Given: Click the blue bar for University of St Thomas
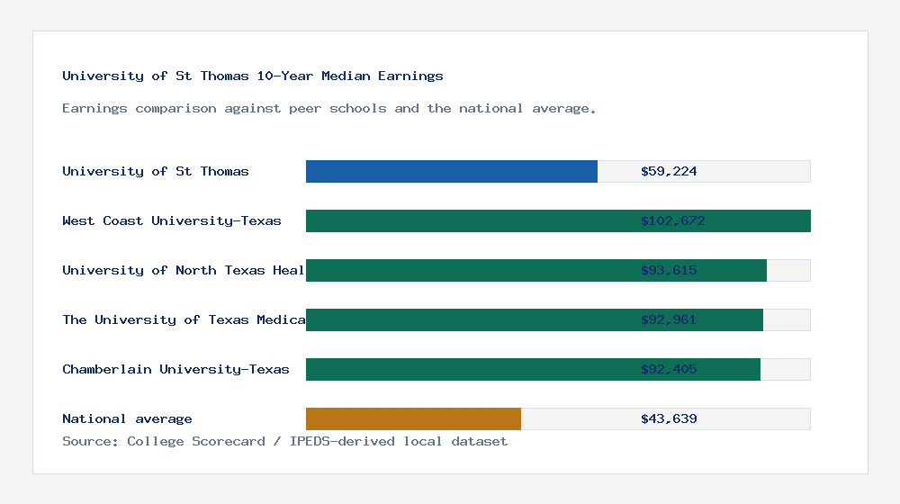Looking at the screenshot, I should (x=451, y=171).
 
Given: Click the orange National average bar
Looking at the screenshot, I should (x=413, y=418).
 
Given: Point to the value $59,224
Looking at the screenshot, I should (x=669, y=171).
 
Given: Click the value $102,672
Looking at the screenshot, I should (x=669, y=220).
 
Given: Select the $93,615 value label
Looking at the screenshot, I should (x=669, y=270).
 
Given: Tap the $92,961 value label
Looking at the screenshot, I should (x=669, y=319).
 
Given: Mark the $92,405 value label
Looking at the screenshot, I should (x=669, y=369).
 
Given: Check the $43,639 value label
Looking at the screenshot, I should (x=669, y=418).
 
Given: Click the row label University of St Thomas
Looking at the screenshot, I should (x=156, y=171).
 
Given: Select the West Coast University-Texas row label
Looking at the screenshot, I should (x=172, y=220).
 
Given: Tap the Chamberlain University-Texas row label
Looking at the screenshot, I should (x=175, y=369).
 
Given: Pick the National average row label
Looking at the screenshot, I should (x=127, y=418).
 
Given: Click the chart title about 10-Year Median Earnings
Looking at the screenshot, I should (x=253, y=76).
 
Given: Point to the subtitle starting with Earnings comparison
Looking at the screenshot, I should (x=329, y=108).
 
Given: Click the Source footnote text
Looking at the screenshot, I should (x=284, y=441).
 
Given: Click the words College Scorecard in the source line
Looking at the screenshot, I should (x=196, y=441).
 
